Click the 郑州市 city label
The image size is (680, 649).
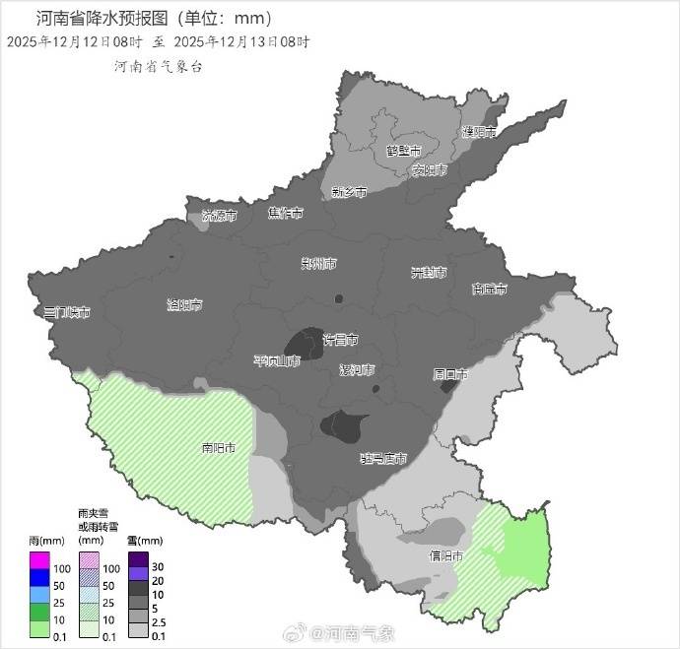click(x=318, y=264)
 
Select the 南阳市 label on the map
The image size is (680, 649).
click(x=219, y=448)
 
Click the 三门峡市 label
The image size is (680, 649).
click(x=67, y=312)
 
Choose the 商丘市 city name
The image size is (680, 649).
click(x=489, y=289)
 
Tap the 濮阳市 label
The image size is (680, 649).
click(x=479, y=131)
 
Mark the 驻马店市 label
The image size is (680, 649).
click(x=383, y=458)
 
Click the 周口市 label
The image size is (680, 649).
click(x=449, y=374)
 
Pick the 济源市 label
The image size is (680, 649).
click(x=219, y=215)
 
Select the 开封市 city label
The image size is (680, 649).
click(x=429, y=273)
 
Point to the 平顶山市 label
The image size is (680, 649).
click(x=276, y=361)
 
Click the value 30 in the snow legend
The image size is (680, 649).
click(x=160, y=567)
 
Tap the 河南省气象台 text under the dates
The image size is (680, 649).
click(x=158, y=67)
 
